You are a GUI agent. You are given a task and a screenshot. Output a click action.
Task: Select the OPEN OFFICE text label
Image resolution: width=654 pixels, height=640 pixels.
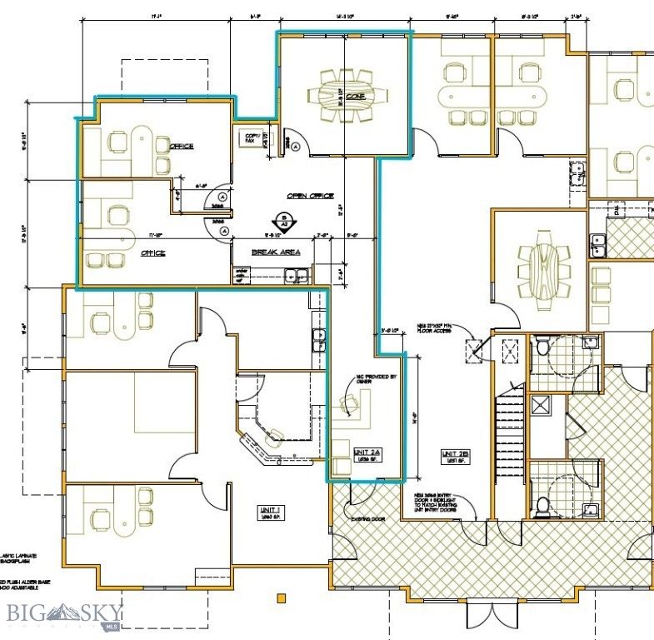(310, 196)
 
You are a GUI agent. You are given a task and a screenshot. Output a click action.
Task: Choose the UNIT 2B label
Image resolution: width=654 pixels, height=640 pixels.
(456, 454)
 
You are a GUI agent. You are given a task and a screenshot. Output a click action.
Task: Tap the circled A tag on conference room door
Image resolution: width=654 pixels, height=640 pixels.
(293, 143)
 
